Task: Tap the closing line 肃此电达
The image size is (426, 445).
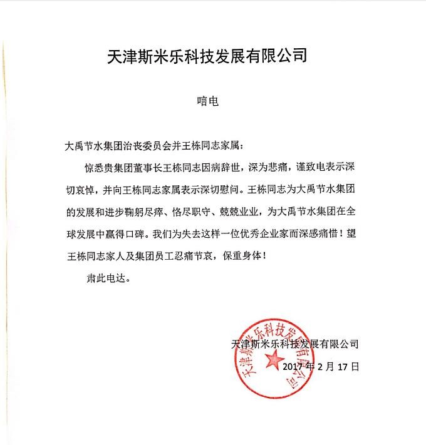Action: (x=106, y=279)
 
